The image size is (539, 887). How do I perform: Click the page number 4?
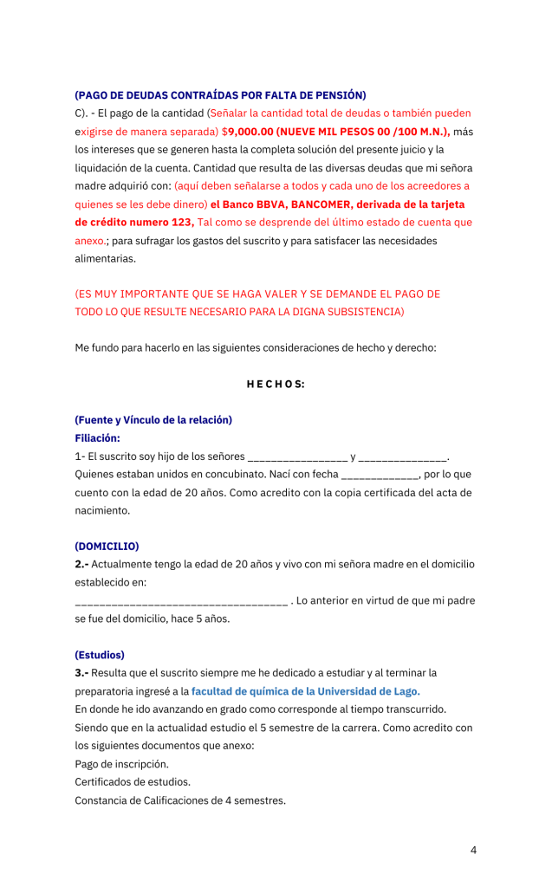[x=473, y=850]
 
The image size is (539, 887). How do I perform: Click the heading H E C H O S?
[x=269, y=384]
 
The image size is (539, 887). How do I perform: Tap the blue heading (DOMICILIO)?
[x=107, y=546]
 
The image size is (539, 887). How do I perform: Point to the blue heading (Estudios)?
[x=100, y=655]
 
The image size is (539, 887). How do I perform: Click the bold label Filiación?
[x=97, y=438]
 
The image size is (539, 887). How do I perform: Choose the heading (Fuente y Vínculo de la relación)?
[x=153, y=420]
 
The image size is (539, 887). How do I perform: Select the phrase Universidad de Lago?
[x=369, y=691]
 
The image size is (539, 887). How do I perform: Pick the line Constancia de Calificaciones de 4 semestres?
[x=180, y=800]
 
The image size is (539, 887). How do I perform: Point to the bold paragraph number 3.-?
[x=81, y=673]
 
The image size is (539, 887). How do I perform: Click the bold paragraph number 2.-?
[x=81, y=564]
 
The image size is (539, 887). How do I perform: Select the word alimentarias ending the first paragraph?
[x=105, y=258]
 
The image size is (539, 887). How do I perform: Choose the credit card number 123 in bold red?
[x=182, y=223]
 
